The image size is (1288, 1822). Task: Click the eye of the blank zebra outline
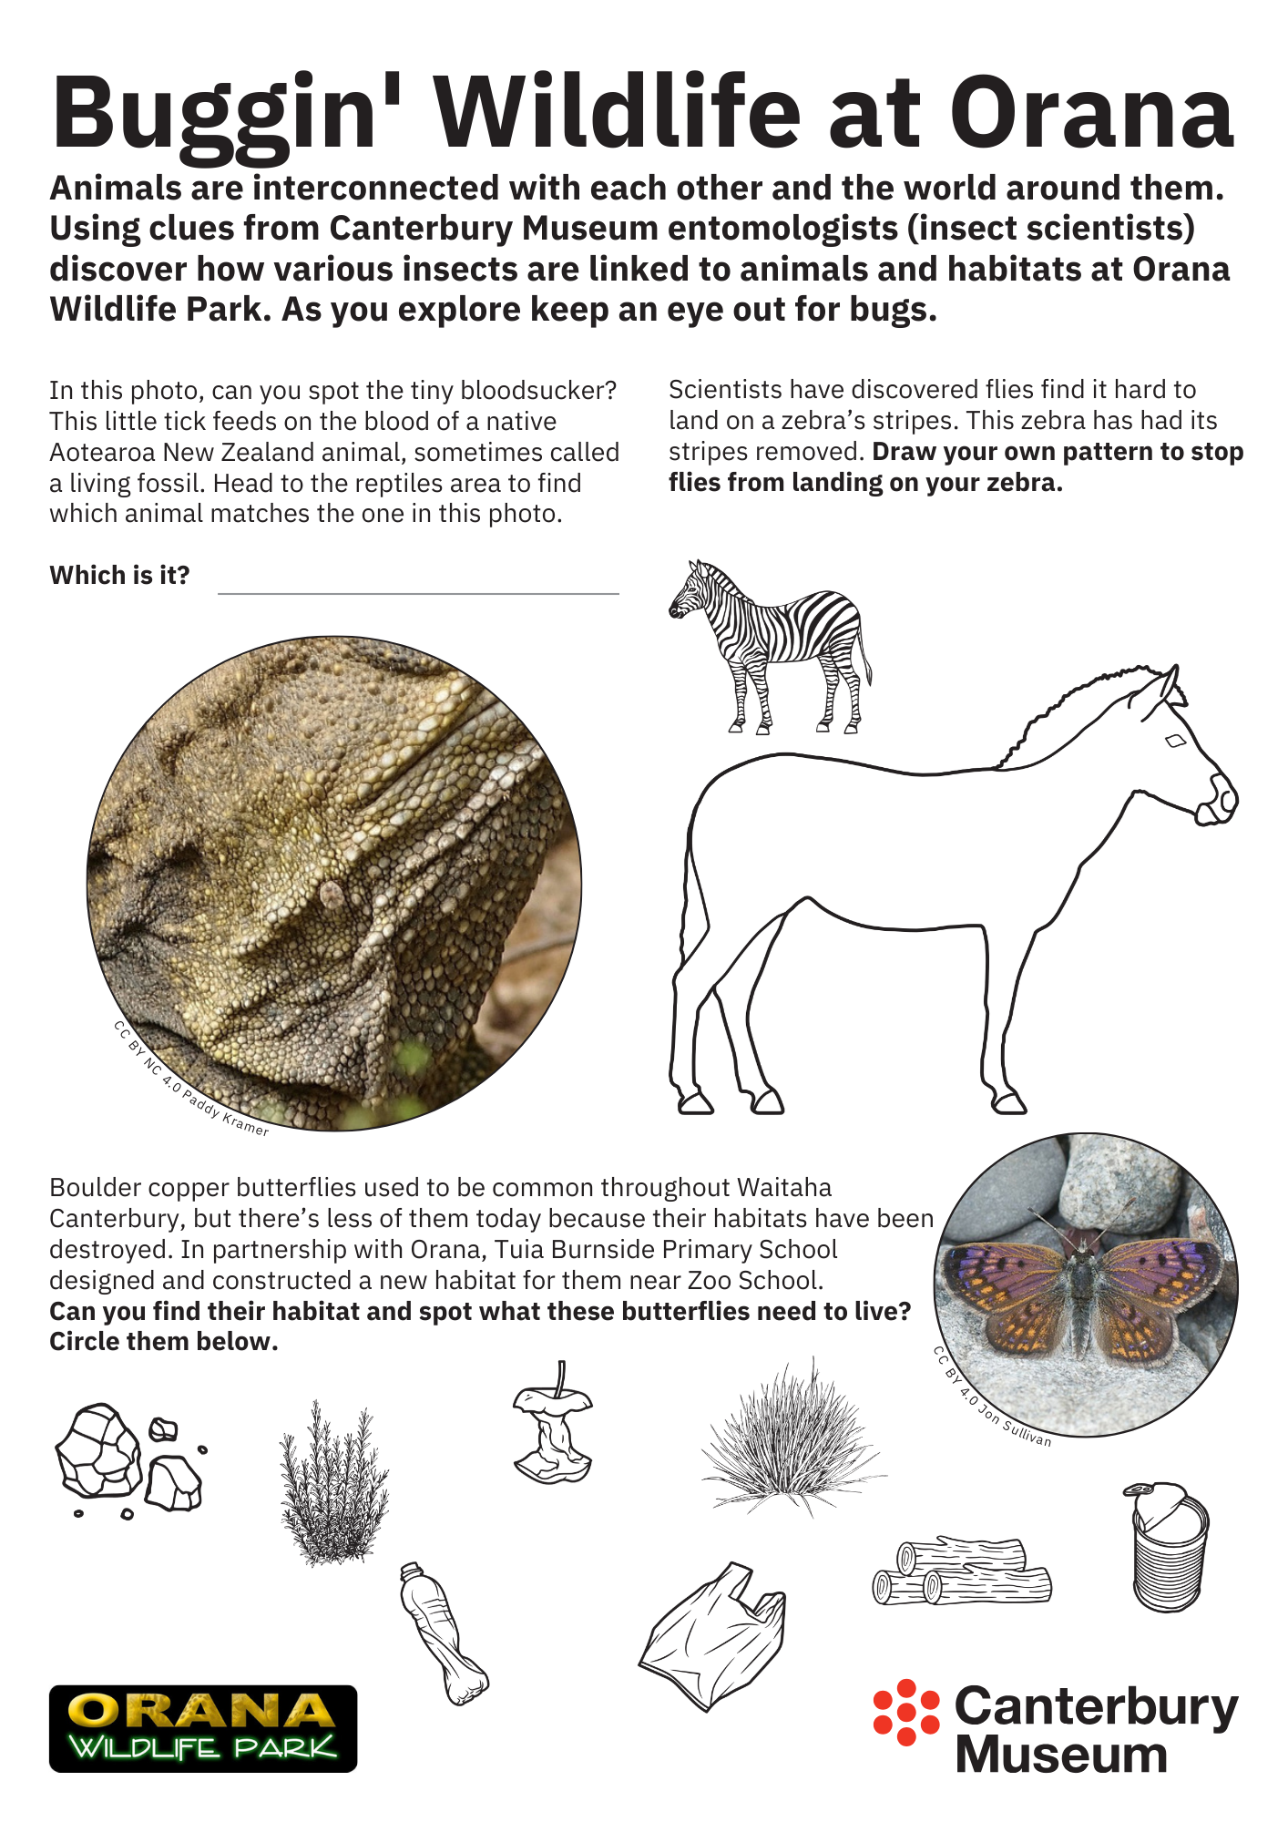(1175, 742)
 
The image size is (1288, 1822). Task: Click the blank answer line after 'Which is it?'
(418, 587)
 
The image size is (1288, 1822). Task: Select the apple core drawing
(553, 1426)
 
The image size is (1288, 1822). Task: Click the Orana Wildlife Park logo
(203, 1728)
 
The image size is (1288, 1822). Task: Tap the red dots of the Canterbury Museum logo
(905, 1713)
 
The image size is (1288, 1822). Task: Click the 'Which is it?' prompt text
(119, 576)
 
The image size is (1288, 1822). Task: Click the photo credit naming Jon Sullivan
(992, 1398)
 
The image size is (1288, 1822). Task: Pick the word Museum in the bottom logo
(1061, 1755)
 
